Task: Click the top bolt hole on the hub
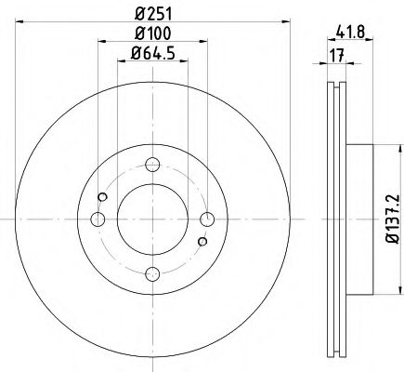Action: pos(151,167)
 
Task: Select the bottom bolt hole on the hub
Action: pos(151,272)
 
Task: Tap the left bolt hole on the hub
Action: pos(98,219)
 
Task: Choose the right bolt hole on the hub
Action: pos(204,219)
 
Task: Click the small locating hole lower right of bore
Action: pos(200,243)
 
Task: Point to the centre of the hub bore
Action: pos(151,219)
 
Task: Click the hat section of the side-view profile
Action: pos(358,219)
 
